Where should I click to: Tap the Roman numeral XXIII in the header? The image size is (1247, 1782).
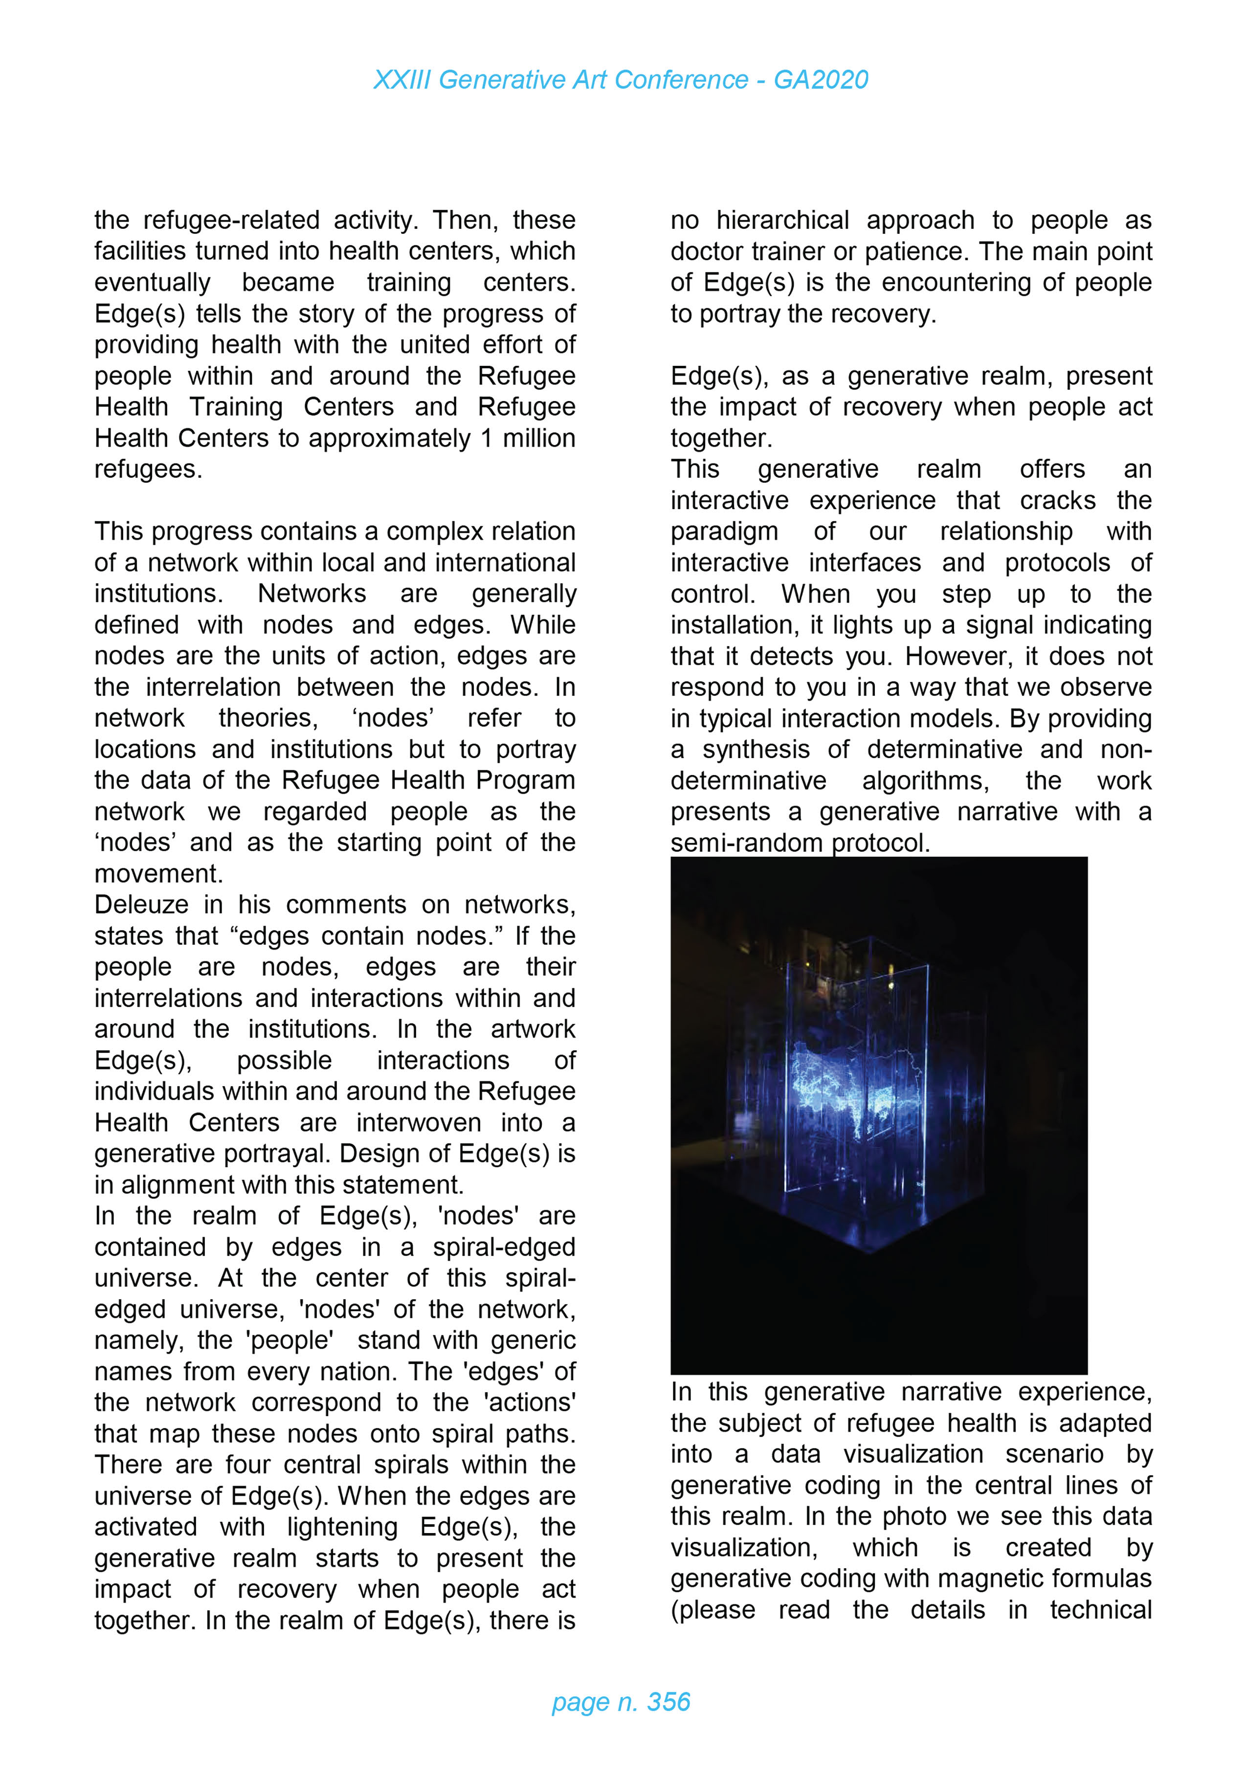coord(401,80)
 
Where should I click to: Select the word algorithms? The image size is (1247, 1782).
coord(925,780)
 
